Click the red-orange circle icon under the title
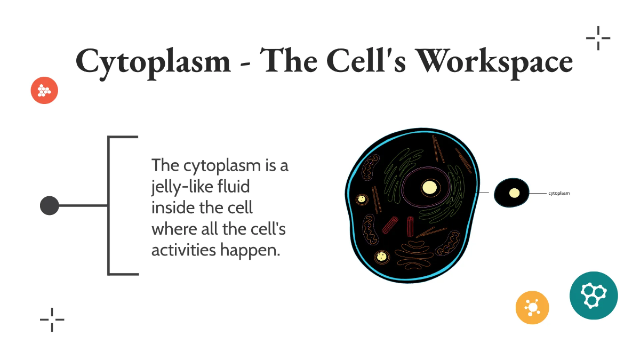click(x=44, y=91)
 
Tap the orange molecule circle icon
click(x=532, y=308)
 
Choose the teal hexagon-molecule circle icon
click(x=594, y=295)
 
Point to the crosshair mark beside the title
click(x=598, y=38)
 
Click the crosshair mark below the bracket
click(x=52, y=319)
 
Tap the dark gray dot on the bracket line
click(x=50, y=205)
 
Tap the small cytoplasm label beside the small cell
click(x=559, y=194)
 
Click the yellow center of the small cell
click(x=514, y=193)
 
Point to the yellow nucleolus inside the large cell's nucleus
click(x=429, y=188)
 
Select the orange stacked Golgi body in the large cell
click(x=412, y=253)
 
